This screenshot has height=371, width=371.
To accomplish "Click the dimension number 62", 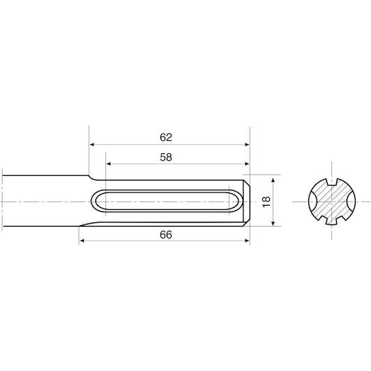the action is coord(166,137).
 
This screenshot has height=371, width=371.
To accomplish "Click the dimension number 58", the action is coord(166,158).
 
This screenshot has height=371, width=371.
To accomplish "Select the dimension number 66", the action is coord(166,235).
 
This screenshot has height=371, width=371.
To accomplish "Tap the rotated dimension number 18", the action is coord(266,202).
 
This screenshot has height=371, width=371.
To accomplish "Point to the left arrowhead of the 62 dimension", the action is coord(92,144).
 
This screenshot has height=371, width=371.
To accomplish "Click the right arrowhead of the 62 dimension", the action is coord(248,144).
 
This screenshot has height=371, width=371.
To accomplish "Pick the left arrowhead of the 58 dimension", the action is coord(109,164).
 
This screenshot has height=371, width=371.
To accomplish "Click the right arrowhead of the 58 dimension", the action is coord(248,164).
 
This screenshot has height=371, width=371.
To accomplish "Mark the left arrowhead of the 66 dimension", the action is coord(82,241).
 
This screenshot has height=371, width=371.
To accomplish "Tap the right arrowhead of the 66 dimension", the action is coord(248,241).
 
